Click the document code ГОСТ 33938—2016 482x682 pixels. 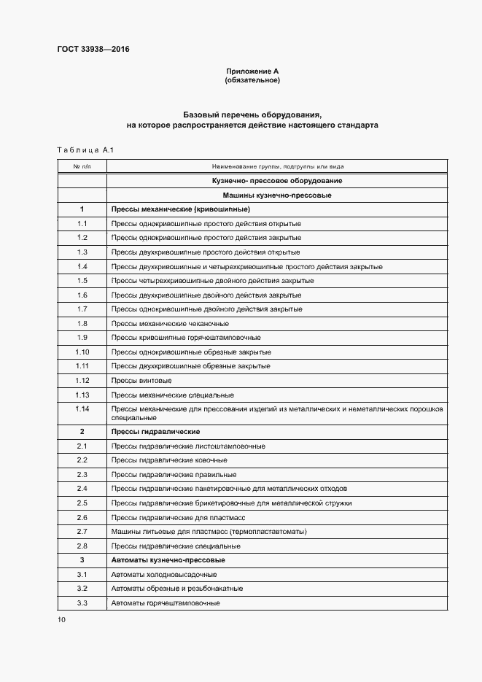[93, 50]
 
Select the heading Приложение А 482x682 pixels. [252, 71]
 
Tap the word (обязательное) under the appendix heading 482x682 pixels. [252, 80]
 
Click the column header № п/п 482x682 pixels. [82, 166]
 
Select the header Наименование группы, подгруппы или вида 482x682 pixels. [277, 166]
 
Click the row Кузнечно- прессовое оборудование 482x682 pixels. [277, 181]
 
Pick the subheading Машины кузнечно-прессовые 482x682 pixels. [277, 195]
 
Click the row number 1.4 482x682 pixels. [82, 266]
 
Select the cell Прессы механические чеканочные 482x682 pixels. [169, 323]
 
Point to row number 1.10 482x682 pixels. [82, 352]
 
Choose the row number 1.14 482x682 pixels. [82, 408]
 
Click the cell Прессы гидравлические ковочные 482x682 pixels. [168, 460]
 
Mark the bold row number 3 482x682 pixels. [82, 560]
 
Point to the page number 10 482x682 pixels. [61, 620]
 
